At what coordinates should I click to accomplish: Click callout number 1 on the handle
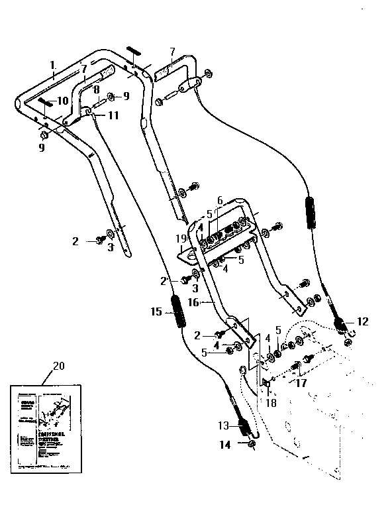tap(50, 65)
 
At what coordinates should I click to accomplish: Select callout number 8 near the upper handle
tap(97, 89)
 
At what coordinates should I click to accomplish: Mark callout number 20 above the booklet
tap(58, 365)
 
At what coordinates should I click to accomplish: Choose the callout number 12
tap(362, 321)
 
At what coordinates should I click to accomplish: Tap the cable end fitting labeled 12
tap(341, 325)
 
